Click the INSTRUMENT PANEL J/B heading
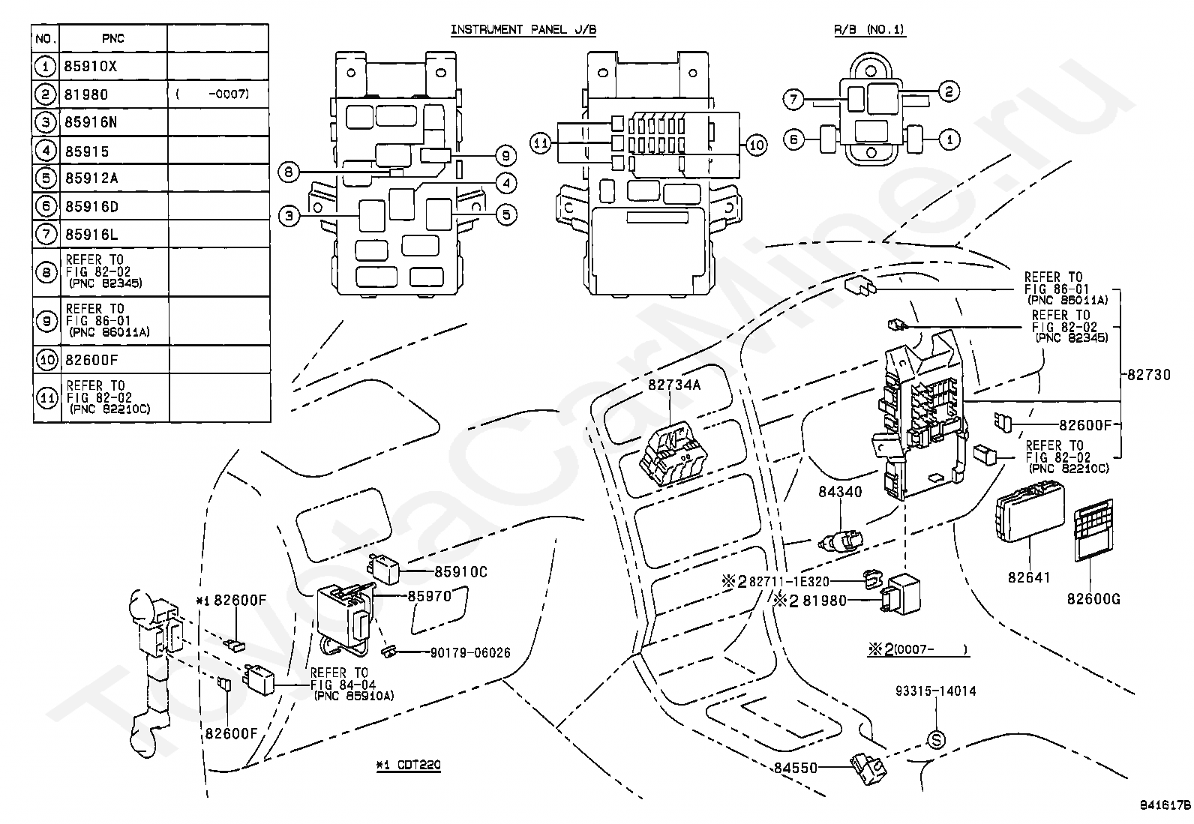523,30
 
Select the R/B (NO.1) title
869,29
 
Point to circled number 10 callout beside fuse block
757,145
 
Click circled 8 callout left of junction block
289,172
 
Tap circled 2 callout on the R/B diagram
949,91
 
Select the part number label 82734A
674,385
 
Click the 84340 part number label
840,491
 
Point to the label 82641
1029,577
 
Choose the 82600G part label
1093,599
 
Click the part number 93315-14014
936,691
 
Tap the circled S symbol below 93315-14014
937,740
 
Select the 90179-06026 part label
470,652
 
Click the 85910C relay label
461,572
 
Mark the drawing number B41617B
1165,805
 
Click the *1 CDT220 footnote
408,766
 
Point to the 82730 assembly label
1149,375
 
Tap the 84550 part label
795,768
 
